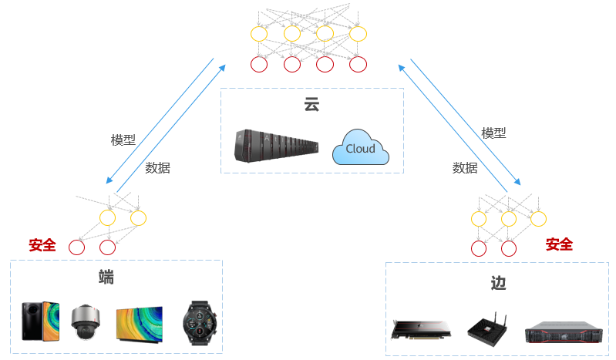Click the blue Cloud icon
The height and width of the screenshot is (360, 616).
(x=360, y=148)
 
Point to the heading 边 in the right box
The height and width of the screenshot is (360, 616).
(x=498, y=283)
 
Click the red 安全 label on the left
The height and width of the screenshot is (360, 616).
(x=42, y=245)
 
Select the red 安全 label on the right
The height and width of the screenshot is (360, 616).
(x=559, y=244)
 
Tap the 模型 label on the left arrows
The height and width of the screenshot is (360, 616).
(x=123, y=140)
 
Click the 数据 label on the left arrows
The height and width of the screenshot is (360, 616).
(x=157, y=167)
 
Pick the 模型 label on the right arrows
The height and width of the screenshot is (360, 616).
(x=493, y=133)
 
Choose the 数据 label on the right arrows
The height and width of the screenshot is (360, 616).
(x=465, y=167)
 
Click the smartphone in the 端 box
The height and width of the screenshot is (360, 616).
(x=40, y=320)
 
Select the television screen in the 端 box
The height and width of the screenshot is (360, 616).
(x=139, y=323)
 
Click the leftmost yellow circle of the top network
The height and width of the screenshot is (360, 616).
(x=258, y=34)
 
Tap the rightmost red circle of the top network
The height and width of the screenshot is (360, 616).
(x=357, y=65)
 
